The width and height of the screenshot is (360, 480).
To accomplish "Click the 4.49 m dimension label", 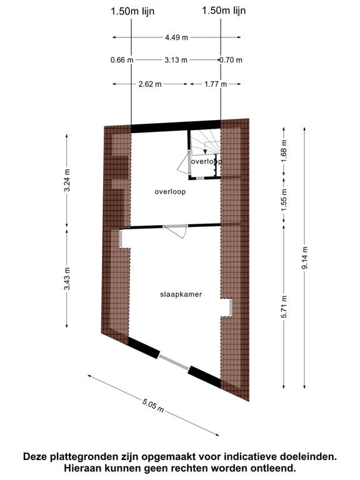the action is [176, 37].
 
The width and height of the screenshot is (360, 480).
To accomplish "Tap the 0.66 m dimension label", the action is [122, 60].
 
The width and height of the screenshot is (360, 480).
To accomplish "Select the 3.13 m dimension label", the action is [176, 60].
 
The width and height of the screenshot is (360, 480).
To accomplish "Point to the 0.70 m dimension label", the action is [231, 60].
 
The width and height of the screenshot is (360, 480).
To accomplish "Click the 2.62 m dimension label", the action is [150, 84].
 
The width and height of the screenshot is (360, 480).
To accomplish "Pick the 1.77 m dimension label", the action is [216, 84].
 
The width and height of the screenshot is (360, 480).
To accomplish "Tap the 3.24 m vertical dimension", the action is [67, 180].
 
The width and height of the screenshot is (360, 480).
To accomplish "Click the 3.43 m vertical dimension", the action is [67, 278].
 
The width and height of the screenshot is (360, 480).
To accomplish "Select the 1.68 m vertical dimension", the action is [284, 151].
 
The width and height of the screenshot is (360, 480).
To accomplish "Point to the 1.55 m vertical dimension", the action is [284, 199].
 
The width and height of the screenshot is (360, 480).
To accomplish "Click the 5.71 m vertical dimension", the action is [284, 307].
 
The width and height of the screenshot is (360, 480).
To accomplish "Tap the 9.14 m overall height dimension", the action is [305, 257].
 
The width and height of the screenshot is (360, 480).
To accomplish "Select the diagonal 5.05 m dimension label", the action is [153, 405].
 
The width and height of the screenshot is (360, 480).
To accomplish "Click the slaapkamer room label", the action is [181, 294].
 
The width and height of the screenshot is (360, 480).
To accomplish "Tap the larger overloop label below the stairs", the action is [170, 192].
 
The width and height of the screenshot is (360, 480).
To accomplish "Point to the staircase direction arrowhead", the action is [206, 151].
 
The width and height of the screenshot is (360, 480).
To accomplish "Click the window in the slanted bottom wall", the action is [174, 362].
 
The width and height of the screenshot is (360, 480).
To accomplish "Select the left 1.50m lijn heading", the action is [132, 12].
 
